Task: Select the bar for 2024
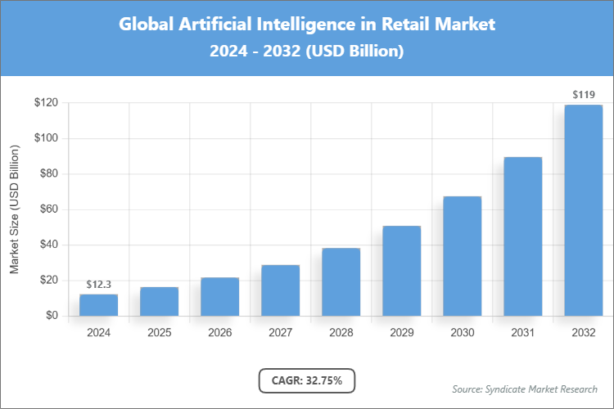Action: coord(98,305)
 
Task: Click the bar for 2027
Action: coord(280,290)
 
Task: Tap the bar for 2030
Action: coord(462,256)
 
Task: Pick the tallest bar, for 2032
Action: coord(583,210)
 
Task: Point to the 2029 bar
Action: coord(401,271)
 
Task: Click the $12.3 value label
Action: coord(98,284)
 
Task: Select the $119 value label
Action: coord(583,95)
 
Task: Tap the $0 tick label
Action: coord(51,316)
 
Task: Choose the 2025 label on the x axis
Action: coord(159,333)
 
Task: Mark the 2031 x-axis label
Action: coord(522,333)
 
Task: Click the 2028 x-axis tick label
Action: coord(341,333)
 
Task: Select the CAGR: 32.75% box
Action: coord(306,380)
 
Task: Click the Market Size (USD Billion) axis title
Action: coord(14,210)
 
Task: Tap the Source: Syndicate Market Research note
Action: coord(524,389)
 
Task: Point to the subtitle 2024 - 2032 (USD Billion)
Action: coord(307,52)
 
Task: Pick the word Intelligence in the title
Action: coord(300,24)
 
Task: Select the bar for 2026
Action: coord(219,297)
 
